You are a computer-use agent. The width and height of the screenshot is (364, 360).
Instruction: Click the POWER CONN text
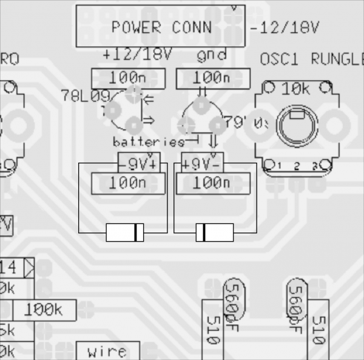coord(161,27)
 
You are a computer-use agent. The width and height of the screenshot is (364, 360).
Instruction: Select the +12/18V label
coord(137,55)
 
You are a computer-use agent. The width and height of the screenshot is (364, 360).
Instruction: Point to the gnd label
coord(212,55)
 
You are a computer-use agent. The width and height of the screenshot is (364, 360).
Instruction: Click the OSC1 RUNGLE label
coord(311,59)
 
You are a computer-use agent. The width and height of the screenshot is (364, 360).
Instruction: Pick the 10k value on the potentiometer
coord(296,89)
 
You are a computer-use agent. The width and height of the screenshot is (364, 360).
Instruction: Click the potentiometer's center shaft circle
coord(297,126)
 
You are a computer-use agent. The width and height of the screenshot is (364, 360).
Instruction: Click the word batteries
coord(148,142)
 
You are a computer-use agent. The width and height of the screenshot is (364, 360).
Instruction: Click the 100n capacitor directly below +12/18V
coord(128,78)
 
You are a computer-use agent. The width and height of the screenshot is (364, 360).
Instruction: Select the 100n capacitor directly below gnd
coord(212,78)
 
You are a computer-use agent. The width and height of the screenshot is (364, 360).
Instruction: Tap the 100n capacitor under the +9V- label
coord(212,183)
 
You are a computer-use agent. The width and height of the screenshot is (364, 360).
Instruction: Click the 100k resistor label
coord(44,310)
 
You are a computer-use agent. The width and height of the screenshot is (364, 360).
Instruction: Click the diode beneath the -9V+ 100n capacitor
coord(125,233)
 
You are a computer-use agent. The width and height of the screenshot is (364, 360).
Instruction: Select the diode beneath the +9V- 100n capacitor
coord(214,233)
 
